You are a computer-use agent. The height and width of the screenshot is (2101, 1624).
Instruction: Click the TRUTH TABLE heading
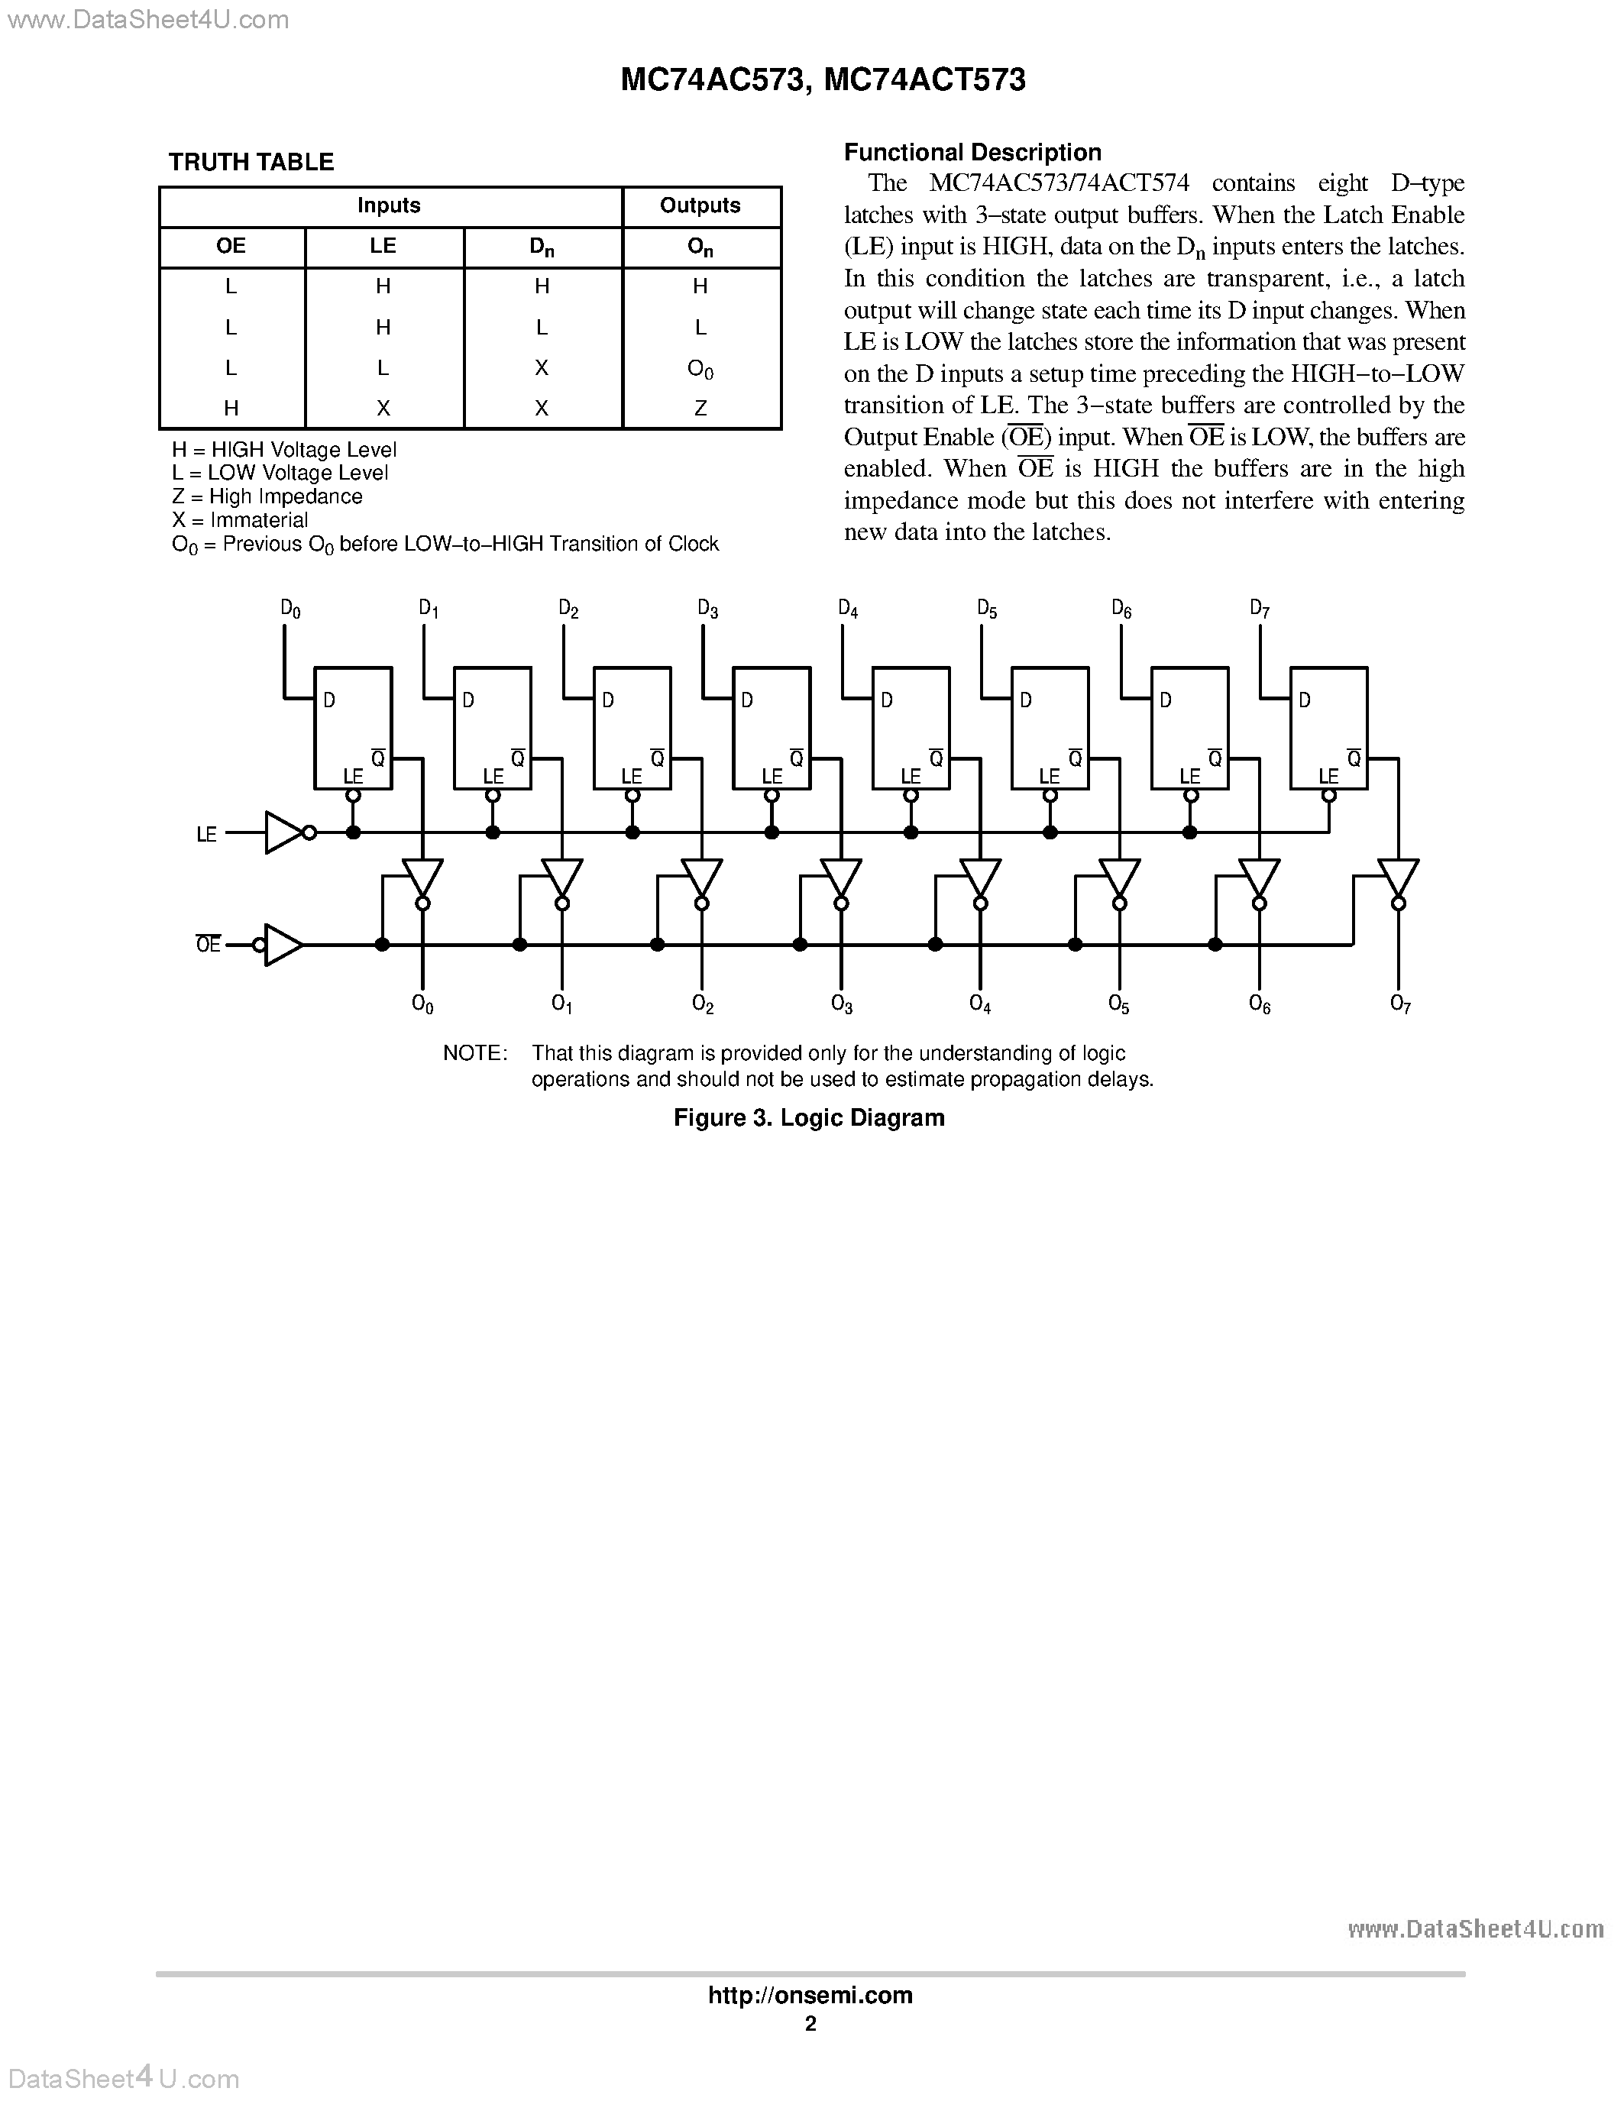pyautogui.click(x=251, y=162)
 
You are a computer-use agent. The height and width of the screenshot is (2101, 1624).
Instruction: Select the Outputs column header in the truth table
pyautogui.click(x=700, y=206)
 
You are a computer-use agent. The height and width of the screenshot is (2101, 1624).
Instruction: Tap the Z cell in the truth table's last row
pyautogui.click(x=700, y=408)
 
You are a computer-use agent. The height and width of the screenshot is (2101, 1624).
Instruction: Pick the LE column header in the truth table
pyautogui.click(x=383, y=246)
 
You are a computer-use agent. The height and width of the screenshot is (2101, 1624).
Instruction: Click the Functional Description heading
pyautogui.click(x=972, y=152)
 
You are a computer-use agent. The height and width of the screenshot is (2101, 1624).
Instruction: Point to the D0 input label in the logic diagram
pyautogui.click(x=290, y=608)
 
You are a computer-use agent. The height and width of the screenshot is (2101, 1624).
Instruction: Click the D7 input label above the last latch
pyautogui.click(x=1260, y=608)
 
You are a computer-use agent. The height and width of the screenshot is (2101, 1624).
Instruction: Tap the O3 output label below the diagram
pyautogui.click(x=842, y=1004)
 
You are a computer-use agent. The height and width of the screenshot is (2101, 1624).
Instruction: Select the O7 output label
pyautogui.click(x=1400, y=1004)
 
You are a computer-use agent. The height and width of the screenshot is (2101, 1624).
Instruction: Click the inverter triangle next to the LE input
pyautogui.click(x=284, y=833)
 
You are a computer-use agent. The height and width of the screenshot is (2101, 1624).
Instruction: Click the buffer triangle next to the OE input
pyautogui.click(x=283, y=945)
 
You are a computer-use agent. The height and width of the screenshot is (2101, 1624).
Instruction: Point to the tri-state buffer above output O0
pyautogui.click(x=422, y=878)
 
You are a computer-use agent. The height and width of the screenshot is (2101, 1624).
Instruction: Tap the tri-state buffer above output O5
pyautogui.click(x=1119, y=878)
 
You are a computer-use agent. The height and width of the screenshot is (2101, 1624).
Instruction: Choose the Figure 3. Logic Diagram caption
pyautogui.click(x=809, y=1118)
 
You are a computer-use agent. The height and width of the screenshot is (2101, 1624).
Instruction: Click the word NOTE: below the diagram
pyautogui.click(x=474, y=1053)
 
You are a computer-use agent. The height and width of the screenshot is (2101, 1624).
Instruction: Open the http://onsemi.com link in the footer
pyautogui.click(x=810, y=1995)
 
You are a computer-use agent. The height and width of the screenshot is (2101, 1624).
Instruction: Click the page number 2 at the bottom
pyautogui.click(x=810, y=2024)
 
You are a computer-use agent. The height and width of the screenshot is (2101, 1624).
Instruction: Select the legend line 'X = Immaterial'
pyautogui.click(x=240, y=520)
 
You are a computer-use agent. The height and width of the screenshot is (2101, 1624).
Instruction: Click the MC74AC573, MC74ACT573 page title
pyautogui.click(x=823, y=80)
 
